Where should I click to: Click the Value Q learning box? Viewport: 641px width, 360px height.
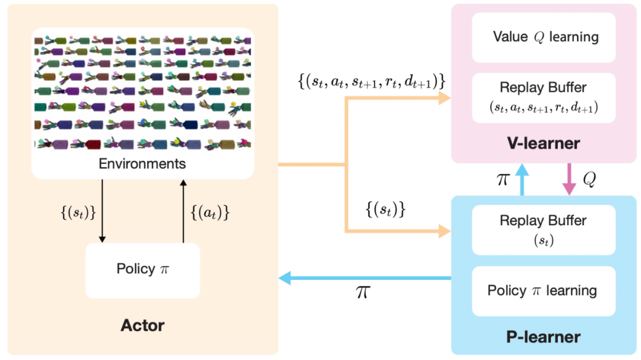coord(544,37)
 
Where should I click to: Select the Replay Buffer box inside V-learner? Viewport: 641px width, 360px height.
coord(544,98)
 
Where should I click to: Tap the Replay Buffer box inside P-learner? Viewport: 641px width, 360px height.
coord(544,230)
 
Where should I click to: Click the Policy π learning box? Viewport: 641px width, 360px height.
coord(544,291)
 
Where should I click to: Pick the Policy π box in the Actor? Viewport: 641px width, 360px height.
coord(142,270)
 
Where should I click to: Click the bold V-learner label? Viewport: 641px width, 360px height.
coord(543,144)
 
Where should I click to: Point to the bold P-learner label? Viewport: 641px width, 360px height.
coord(543,337)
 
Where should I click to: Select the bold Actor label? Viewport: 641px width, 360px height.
coord(142,326)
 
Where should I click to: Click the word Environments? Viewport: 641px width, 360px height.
coord(142,164)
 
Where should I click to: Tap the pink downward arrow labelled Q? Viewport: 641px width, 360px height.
coord(569,179)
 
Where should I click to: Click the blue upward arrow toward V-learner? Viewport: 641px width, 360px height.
coord(522,180)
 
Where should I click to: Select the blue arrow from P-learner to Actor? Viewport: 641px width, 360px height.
coord(365,278)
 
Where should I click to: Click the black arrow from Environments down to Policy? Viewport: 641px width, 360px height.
coord(102,211)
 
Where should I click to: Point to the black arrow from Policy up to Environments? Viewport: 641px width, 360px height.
coord(183,211)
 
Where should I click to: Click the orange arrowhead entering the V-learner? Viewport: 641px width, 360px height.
coord(445,98)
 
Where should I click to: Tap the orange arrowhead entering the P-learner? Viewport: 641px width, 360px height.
coord(445,231)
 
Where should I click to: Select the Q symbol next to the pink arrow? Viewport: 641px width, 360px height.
coord(589,179)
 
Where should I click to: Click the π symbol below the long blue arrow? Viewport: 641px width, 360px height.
coord(363,292)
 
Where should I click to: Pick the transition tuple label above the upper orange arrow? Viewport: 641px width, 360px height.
coord(372,82)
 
